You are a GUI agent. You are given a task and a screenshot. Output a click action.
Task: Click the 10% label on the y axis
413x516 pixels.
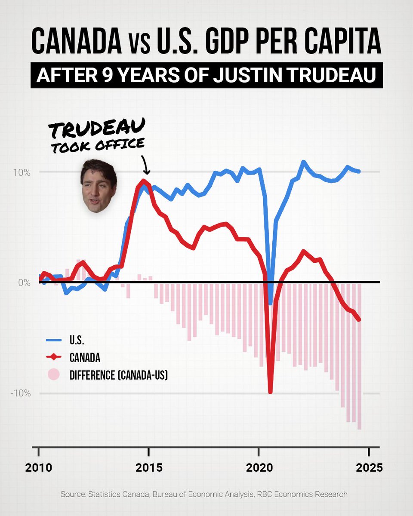(x=22, y=172)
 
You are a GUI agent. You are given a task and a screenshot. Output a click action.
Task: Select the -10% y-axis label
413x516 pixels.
(x=20, y=393)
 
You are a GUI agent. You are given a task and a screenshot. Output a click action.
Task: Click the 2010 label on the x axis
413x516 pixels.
(x=39, y=467)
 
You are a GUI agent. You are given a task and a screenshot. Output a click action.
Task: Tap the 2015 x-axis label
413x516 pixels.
(x=148, y=467)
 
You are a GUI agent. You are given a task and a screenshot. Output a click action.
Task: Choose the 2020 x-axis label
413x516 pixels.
(x=258, y=467)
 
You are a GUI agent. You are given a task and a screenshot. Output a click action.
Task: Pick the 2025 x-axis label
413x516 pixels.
(x=368, y=467)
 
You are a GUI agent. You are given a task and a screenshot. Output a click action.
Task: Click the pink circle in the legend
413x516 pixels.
(x=53, y=375)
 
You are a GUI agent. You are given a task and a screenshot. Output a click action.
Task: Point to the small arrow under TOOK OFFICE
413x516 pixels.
(x=145, y=166)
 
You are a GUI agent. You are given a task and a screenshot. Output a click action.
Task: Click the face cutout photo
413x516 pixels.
(x=99, y=186)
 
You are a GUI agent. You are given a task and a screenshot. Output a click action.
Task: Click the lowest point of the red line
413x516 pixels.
(x=270, y=392)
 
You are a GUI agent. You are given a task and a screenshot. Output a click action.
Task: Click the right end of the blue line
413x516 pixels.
(x=359, y=171)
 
